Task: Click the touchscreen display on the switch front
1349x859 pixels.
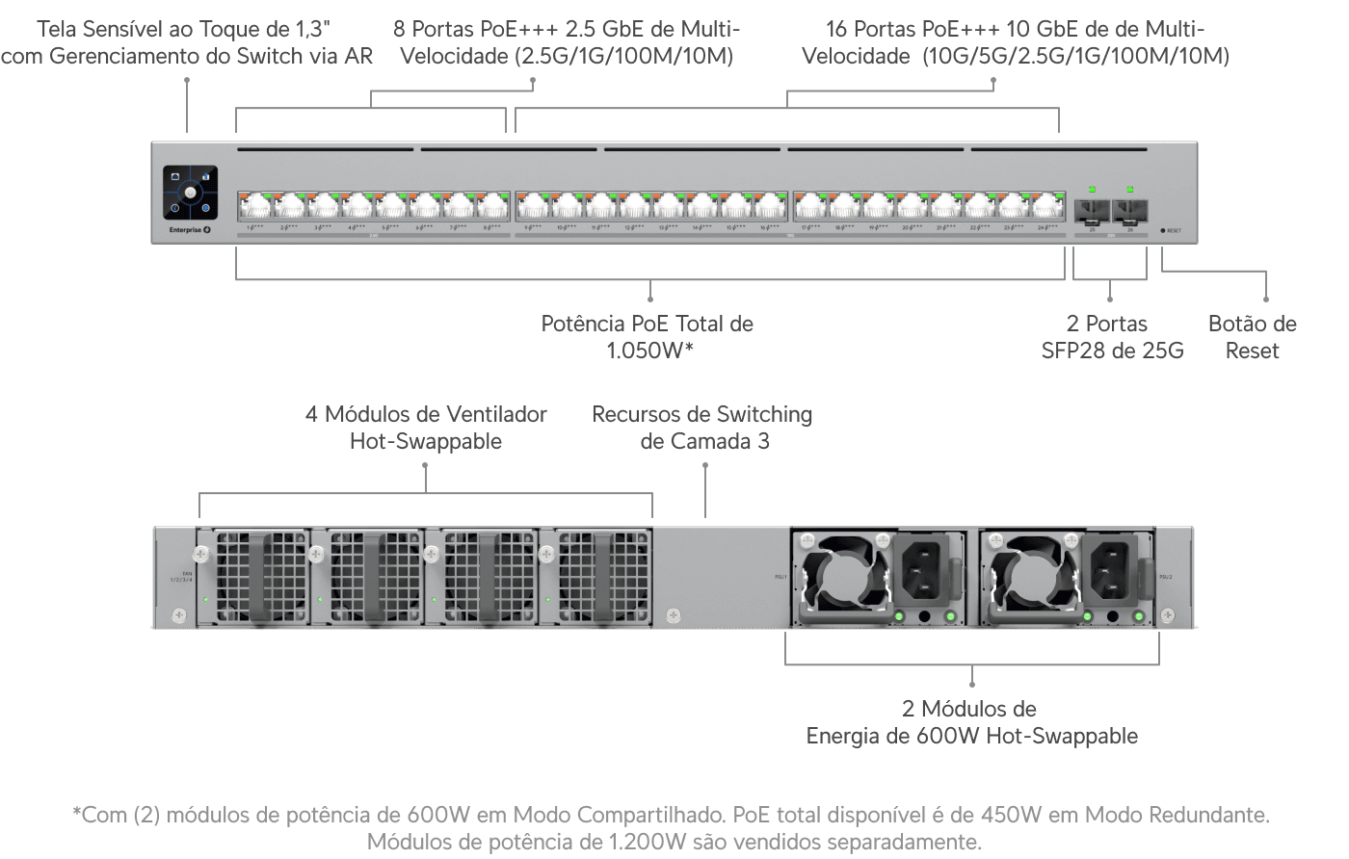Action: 190,193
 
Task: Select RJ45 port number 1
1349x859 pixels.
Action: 255,206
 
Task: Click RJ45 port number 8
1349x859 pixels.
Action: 493,206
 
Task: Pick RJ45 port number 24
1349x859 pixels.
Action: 1048,206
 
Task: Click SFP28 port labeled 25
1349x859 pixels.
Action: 1092,210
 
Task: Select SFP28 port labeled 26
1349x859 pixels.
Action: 1129,210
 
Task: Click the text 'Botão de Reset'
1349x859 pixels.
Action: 1252,337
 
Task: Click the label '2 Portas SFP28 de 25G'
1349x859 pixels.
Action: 1111,337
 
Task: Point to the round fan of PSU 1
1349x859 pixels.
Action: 842,578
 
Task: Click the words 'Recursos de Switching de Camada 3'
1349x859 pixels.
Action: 701,428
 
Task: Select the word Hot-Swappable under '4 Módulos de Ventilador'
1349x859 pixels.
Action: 425,442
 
